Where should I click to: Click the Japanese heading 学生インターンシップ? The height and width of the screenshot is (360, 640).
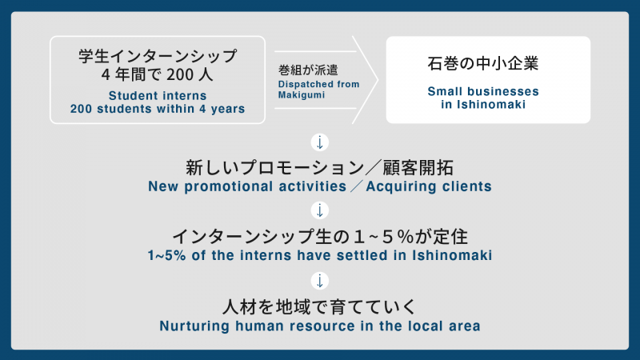point(158,57)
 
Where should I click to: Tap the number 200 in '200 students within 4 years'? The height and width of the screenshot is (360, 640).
point(83,109)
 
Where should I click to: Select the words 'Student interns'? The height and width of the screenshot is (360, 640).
point(158,95)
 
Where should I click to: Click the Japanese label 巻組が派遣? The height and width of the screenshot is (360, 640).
point(306,70)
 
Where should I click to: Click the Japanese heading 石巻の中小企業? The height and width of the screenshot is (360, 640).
point(488,62)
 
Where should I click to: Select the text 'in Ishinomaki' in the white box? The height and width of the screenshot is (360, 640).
point(488,104)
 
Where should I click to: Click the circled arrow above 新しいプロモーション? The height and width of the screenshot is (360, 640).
point(320,143)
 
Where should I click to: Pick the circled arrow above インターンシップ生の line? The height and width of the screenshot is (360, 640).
point(320,211)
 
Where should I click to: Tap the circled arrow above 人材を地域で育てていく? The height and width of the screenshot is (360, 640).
point(320,280)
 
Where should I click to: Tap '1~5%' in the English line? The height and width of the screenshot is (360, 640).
point(167,255)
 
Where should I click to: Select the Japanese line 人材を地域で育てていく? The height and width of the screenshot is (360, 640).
point(320,306)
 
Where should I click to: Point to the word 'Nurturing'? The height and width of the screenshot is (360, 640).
point(193,325)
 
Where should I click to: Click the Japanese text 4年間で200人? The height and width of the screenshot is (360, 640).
point(158,77)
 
